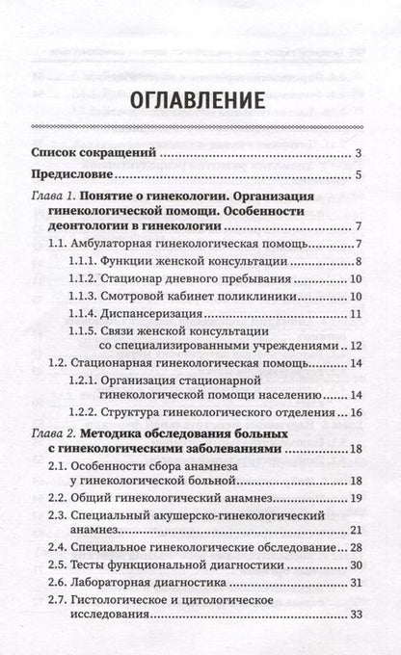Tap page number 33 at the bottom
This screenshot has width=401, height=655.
[355, 643]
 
